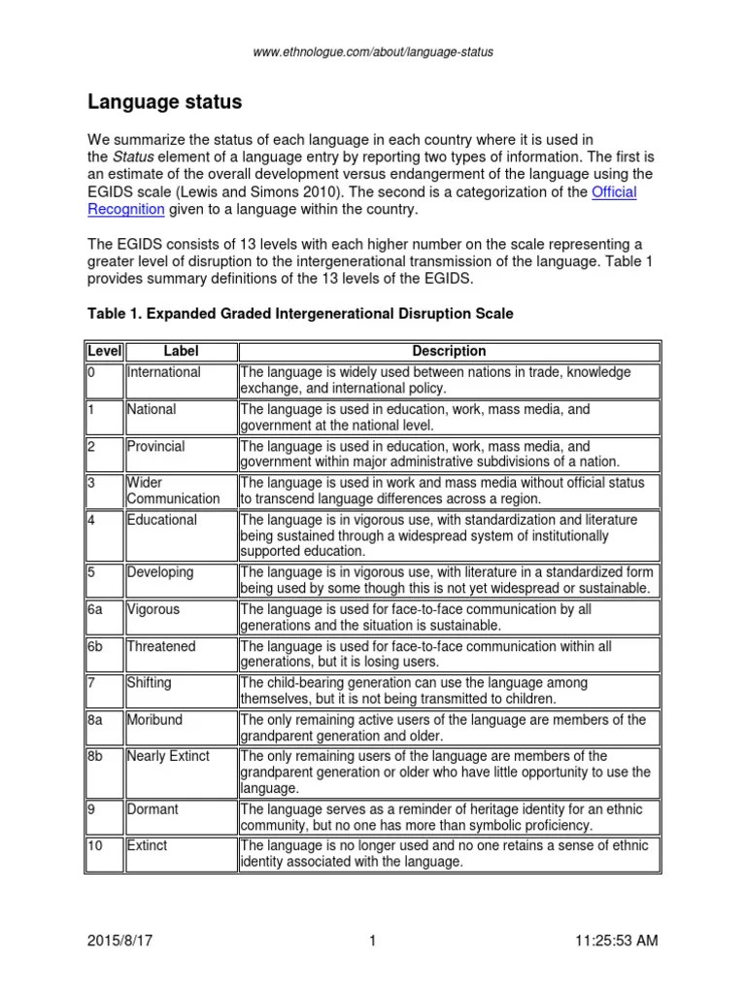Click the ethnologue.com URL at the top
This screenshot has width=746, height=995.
(x=373, y=51)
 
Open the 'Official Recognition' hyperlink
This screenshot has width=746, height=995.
(x=614, y=192)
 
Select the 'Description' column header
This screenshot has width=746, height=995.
(x=448, y=351)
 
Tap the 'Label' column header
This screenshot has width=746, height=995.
(x=180, y=351)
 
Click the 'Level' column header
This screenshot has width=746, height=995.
(x=103, y=351)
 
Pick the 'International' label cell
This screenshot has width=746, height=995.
(x=164, y=372)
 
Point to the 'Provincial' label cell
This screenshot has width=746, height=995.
(x=156, y=446)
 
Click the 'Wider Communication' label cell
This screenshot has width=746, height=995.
(x=173, y=491)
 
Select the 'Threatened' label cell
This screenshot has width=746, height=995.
(x=161, y=646)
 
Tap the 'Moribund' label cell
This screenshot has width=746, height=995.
(x=155, y=720)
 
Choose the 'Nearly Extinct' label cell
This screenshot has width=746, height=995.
(x=168, y=756)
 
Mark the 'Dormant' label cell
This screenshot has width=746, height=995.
(x=153, y=808)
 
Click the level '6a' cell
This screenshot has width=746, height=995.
(x=97, y=609)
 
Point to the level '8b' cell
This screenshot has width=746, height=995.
(x=97, y=756)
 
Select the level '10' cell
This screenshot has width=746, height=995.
(x=96, y=845)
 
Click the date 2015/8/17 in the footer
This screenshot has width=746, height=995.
(x=121, y=942)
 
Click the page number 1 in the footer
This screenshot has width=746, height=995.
(x=371, y=942)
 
